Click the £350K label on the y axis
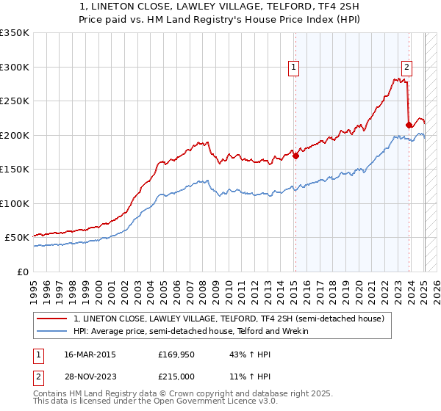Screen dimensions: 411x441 [x=15, y=33]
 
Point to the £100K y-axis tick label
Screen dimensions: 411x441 [x=15, y=203]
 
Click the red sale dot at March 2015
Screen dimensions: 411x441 [x=295, y=156]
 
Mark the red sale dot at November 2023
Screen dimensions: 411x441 [x=409, y=125]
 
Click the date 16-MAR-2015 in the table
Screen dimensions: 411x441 [x=90, y=354]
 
